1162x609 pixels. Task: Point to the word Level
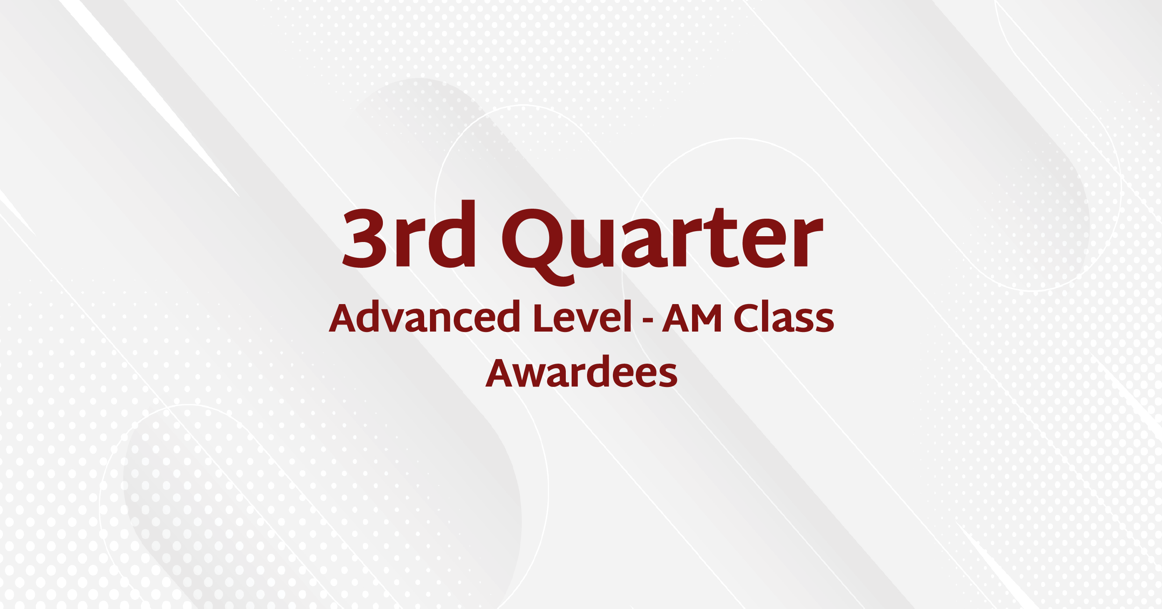pyautogui.click(x=582, y=317)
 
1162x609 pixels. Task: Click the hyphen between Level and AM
pyautogui.click(x=648, y=320)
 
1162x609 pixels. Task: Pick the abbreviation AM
pyautogui.click(x=692, y=317)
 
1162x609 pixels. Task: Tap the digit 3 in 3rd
pyautogui.click(x=364, y=238)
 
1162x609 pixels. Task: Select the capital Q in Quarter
pyautogui.click(x=538, y=246)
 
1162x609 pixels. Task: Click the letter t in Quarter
pyautogui.click(x=722, y=238)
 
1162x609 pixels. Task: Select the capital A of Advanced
pyautogui.click(x=345, y=317)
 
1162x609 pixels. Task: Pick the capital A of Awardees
pyautogui.click(x=501, y=372)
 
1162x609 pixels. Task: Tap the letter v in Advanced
pyautogui.click(x=392, y=321)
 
